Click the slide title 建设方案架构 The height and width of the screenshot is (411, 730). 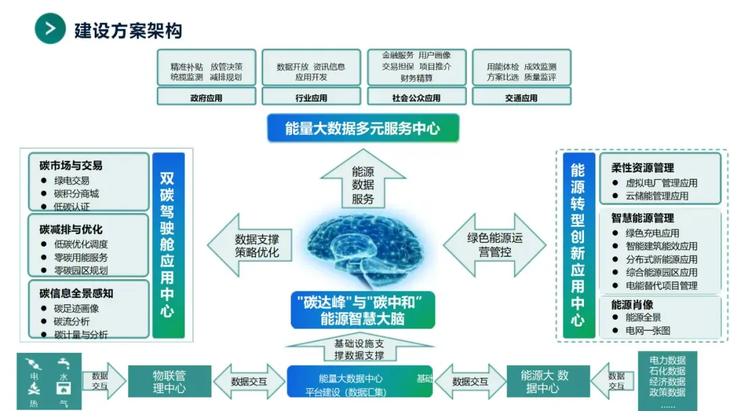coord(128,30)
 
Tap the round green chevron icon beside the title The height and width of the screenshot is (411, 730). coord(50,28)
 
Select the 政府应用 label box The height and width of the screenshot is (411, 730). coord(206,97)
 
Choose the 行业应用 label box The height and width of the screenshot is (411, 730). coord(311,97)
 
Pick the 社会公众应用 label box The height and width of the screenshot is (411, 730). coord(416,97)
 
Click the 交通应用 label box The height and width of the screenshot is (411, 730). coord(520,97)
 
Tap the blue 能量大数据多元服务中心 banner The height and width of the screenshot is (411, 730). coord(362,128)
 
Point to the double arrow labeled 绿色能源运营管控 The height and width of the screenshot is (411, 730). coord(495,245)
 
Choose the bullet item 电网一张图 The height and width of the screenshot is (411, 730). coord(648,331)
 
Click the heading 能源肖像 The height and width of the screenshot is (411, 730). coord(633,304)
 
